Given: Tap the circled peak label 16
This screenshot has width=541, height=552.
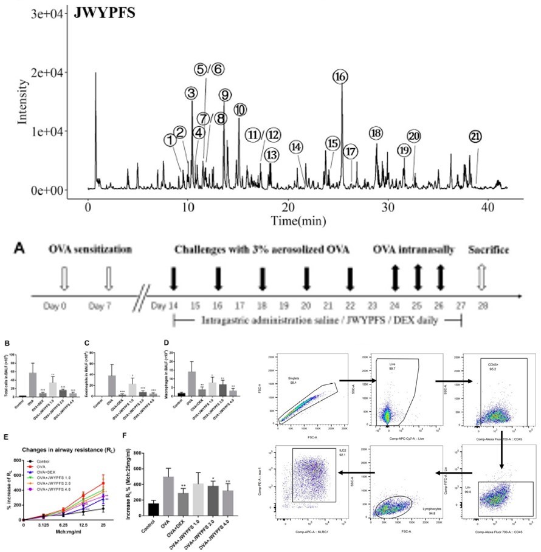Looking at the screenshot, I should (x=340, y=77).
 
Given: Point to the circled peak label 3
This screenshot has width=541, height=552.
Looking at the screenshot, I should (x=191, y=93).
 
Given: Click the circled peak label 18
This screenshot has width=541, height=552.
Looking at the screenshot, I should (x=376, y=134).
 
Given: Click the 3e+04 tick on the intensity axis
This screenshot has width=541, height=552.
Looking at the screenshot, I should (x=46, y=13).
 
